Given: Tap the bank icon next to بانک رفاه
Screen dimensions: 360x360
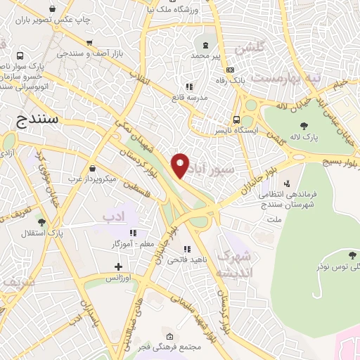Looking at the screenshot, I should click(x=230, y=70).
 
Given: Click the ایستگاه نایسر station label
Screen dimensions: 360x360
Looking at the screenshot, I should click(x=260, y=131).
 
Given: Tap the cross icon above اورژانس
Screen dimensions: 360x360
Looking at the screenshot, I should click(x=119, y=266).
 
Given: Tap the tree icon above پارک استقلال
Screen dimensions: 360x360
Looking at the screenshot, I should click(x=51, y=221).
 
